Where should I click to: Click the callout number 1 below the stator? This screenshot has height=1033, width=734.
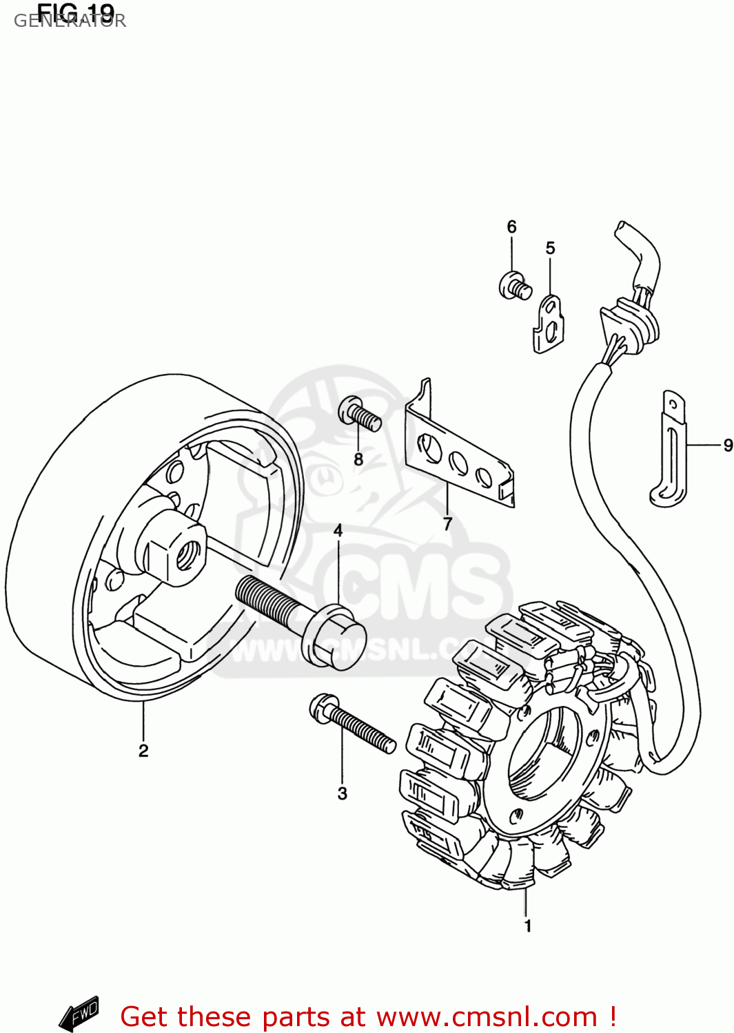[527, 926]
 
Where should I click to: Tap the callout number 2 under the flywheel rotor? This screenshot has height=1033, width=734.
[143, 751]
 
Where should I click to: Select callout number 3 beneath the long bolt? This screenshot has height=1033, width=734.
[342, 793]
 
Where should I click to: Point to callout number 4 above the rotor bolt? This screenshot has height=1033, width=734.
[338, 530]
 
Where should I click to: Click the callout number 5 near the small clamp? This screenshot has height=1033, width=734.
[550, 248]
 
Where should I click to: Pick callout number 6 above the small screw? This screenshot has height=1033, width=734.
[511, 227]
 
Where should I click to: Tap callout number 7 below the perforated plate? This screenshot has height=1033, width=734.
[447, 523]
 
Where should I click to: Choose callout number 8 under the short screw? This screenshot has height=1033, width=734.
[358, 459]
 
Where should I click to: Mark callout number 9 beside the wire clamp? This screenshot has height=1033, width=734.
[727, 446]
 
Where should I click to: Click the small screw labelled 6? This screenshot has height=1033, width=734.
[515, 285]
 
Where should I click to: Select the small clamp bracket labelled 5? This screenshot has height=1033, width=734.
[549, 324]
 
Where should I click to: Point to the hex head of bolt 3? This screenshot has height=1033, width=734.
[323, 709]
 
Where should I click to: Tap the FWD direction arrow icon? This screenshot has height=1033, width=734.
[80, 1014]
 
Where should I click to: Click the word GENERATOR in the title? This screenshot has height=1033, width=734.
[70, 21]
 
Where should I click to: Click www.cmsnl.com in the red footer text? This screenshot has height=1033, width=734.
[487, 1016]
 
